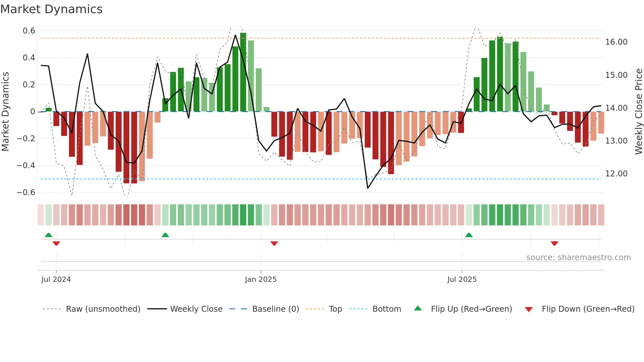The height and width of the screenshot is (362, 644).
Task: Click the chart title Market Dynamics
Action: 51,9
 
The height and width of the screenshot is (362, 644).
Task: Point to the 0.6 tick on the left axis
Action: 29,31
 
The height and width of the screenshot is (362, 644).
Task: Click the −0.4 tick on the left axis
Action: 26,166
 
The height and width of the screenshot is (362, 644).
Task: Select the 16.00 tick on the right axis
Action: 616,42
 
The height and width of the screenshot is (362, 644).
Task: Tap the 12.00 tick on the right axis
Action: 616,174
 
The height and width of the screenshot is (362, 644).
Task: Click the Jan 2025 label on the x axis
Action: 261,280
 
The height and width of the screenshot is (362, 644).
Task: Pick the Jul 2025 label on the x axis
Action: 462,280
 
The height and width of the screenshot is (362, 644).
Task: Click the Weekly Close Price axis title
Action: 638,112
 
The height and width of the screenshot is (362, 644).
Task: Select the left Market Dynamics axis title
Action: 6,112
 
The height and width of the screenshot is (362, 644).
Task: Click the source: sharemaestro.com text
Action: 578,258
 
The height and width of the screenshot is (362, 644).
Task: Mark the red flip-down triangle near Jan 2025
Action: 274,243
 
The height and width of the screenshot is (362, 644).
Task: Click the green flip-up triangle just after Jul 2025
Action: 469,235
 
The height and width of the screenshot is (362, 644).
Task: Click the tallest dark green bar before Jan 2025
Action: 243,72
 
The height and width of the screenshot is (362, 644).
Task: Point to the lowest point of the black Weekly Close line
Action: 368,188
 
